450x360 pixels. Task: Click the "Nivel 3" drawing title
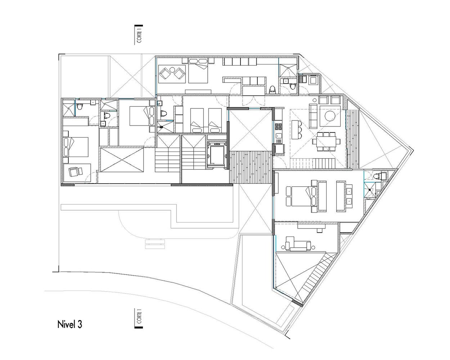coord(69,324)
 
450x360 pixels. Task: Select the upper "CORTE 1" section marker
coord(139,35)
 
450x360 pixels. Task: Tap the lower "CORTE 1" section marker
coord(139,318)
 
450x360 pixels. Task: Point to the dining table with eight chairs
coord(326,141)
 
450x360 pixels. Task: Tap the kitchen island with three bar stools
coord(296,129)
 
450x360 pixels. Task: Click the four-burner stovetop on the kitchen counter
coord(278,126)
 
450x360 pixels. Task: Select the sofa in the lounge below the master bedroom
coord(298,245)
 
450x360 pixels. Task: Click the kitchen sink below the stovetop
coord(278,136)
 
